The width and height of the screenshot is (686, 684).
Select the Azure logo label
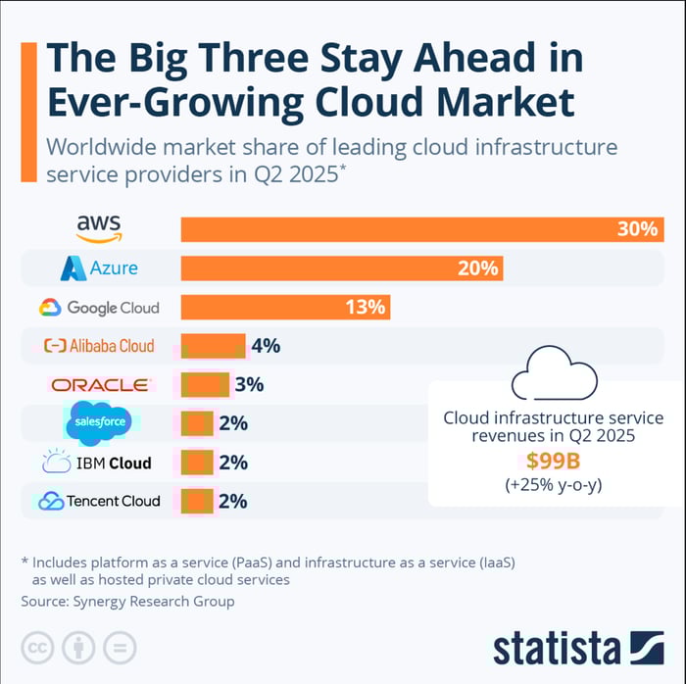(x=99, y=269)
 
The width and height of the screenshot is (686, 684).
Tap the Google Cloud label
(x=99, y=308)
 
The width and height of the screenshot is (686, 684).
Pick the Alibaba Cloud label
(x=99, y=346)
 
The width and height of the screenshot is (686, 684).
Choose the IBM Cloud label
(x=99, y=463)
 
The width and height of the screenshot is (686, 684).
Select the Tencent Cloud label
(x=99, y=501)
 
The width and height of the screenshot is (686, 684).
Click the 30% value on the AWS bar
(x=636, y=229)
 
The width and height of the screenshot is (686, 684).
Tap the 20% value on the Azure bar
(x=478, y=269)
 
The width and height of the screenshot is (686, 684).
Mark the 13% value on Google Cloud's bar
(x=364, y=308)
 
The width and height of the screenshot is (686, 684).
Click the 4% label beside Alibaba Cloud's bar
(x=265, y=346)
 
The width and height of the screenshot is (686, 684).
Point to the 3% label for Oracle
(x=249, y=385)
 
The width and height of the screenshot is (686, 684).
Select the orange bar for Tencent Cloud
(x=197, y=501)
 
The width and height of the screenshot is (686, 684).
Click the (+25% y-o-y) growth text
(x=553, y=484)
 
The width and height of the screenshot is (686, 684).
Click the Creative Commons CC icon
(x=37, y=647)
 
